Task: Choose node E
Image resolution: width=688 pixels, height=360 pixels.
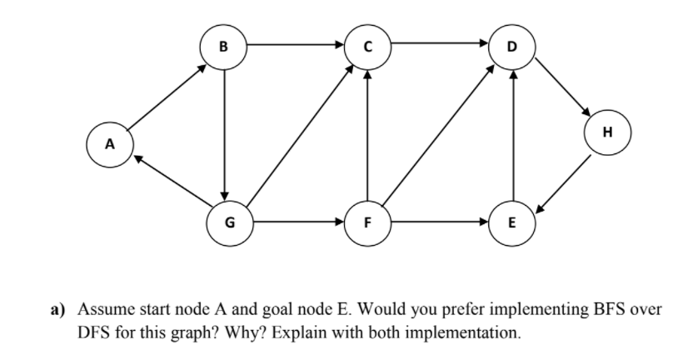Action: tap(512, 223)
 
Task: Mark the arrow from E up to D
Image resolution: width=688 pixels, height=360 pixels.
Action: tap(513, 133)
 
